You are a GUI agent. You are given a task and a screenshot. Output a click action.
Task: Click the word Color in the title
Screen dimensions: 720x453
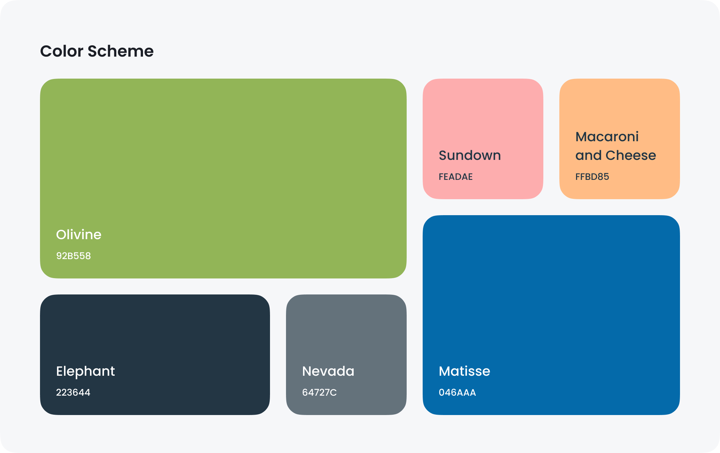62,51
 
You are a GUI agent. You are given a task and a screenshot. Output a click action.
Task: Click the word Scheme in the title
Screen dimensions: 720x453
121,51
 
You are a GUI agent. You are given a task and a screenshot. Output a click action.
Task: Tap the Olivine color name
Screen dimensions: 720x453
79,234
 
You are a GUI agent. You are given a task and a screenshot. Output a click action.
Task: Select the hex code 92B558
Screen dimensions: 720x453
73,256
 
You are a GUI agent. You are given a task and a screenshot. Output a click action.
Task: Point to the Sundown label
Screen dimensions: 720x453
470,155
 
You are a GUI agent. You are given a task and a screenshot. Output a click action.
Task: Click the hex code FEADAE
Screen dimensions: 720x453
456,177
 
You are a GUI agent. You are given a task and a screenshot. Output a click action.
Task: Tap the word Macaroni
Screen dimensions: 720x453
607,137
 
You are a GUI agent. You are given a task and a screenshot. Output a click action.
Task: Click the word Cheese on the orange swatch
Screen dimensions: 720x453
631,155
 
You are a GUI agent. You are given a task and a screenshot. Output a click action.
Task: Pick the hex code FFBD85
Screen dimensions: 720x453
592,177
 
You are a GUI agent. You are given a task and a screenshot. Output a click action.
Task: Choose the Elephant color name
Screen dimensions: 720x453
85,371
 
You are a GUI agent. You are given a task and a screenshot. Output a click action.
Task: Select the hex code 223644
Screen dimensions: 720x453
73,392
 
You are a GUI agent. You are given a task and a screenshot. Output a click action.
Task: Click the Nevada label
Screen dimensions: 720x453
328,371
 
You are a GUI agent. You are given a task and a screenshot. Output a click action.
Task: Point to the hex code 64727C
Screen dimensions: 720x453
319,392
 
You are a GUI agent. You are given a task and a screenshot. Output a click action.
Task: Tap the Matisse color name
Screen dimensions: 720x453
464,371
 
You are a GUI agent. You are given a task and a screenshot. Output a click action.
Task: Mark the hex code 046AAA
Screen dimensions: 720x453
457,392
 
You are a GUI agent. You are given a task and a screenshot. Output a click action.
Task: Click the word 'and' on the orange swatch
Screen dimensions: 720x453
588,155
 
